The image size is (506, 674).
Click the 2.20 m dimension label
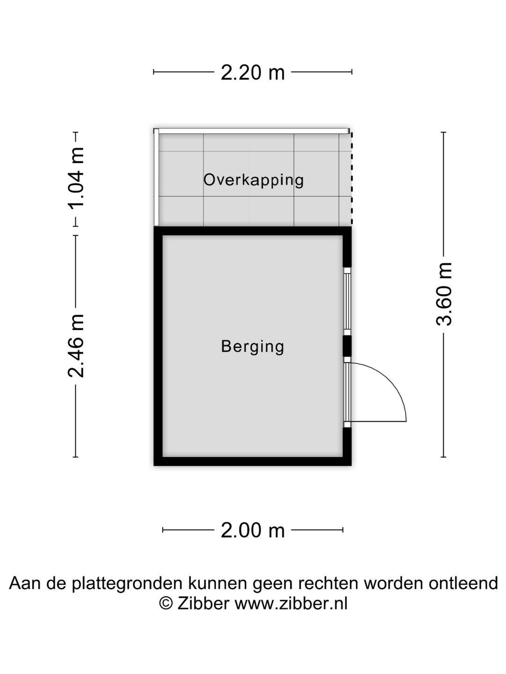pyautogui.click(x=253, y=73)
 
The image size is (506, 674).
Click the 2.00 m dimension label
pyautogui.click(x=253, y=530)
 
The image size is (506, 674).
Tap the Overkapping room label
pyautogui.click(x=253, y=180)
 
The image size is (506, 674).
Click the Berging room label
pyautogui.click(x=253, y=346)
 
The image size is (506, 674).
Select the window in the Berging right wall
pyautogui.click(x=347, y=301)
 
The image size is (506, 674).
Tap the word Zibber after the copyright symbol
pyautogui.click(x=203, y=604)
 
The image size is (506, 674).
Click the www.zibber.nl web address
pyautogui.click(x=291, y=604)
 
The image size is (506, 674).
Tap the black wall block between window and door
pyautogui.click(x=347, y=346)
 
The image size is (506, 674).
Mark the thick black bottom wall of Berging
pyautogui.click(x=253, y=461)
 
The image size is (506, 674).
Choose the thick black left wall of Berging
pyautogui.click(x=158, y=346)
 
